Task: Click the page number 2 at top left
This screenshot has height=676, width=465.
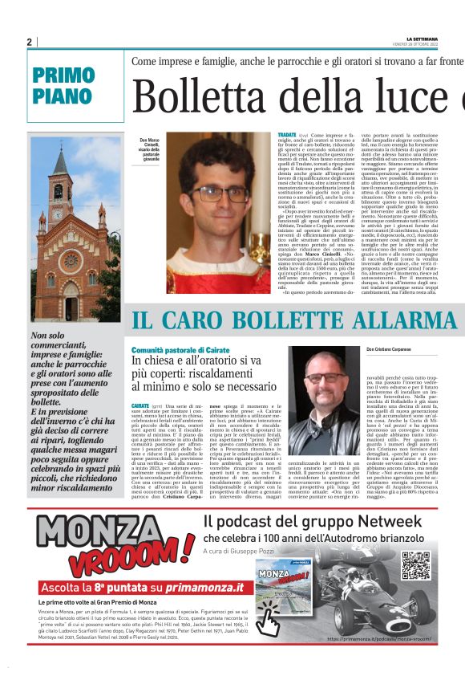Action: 29,43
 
